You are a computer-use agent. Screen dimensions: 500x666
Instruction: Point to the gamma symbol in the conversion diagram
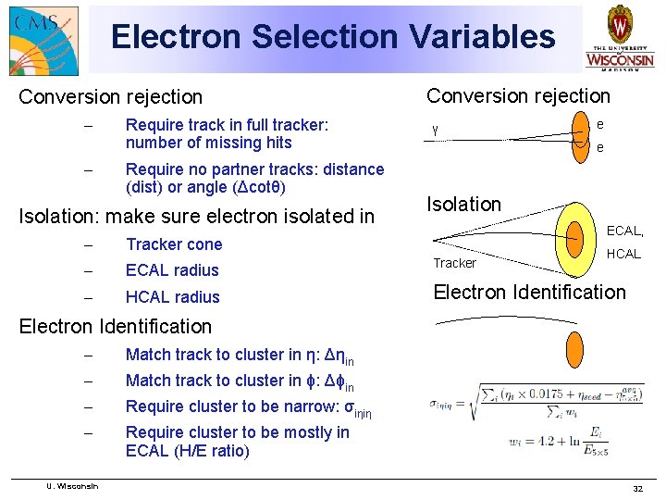pyautogui.click(x=435, y=128)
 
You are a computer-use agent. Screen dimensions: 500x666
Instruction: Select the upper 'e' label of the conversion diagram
pyautogui.click(x=600, y=122)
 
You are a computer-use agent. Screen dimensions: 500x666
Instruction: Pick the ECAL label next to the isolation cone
pyautogui.click(x=624, y=231)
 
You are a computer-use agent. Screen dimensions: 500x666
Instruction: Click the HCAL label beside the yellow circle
pyautogui.click(x=623, y=253)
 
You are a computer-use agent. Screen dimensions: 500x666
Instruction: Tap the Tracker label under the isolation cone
pyautogui.click(x=454, y=263)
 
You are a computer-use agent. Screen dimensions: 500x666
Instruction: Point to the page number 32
pyautogui.click(x=636, y=488)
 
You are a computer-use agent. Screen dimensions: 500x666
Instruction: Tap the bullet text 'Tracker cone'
pyautogui.click(x=174, y=244)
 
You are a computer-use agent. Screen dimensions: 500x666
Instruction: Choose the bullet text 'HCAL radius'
pyautogui.click(x=172, y=297)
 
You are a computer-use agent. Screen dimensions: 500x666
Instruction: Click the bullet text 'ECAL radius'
pyautogui.click(x=172, y=270)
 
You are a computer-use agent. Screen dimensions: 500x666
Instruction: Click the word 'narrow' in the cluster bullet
pyautogui.click(x=295, y=406)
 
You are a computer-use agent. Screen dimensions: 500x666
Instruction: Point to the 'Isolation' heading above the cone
pyautogui.click(x=463, y=204)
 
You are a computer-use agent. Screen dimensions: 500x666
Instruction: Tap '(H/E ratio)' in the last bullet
pyautogui.click(x=188, y=451)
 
